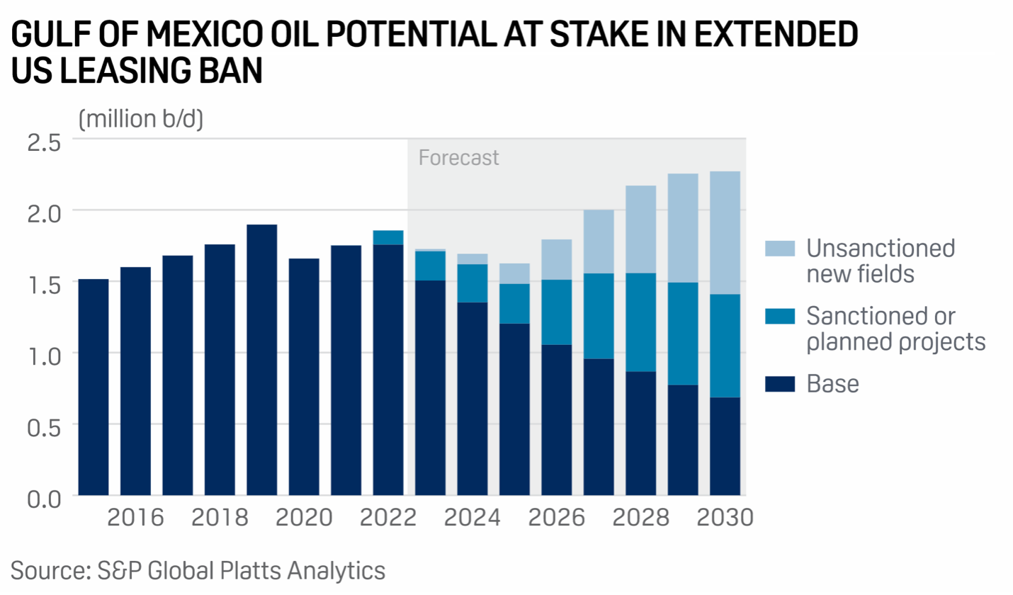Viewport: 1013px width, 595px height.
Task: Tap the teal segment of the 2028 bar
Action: (x=640, y=322)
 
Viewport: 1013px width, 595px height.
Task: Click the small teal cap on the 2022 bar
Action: (x=388, y=237)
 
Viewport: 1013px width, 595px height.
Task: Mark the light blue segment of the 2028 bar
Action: (x=640, y=229)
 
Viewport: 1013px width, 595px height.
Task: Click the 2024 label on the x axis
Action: (x=472, y=518)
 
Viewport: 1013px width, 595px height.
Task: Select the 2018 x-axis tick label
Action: (x=220, y=518)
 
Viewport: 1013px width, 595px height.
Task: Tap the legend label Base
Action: (x=832, y=384)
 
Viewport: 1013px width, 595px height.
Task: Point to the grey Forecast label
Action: (x=459, y=157)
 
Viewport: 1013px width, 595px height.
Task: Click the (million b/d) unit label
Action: (x=141, y=118)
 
